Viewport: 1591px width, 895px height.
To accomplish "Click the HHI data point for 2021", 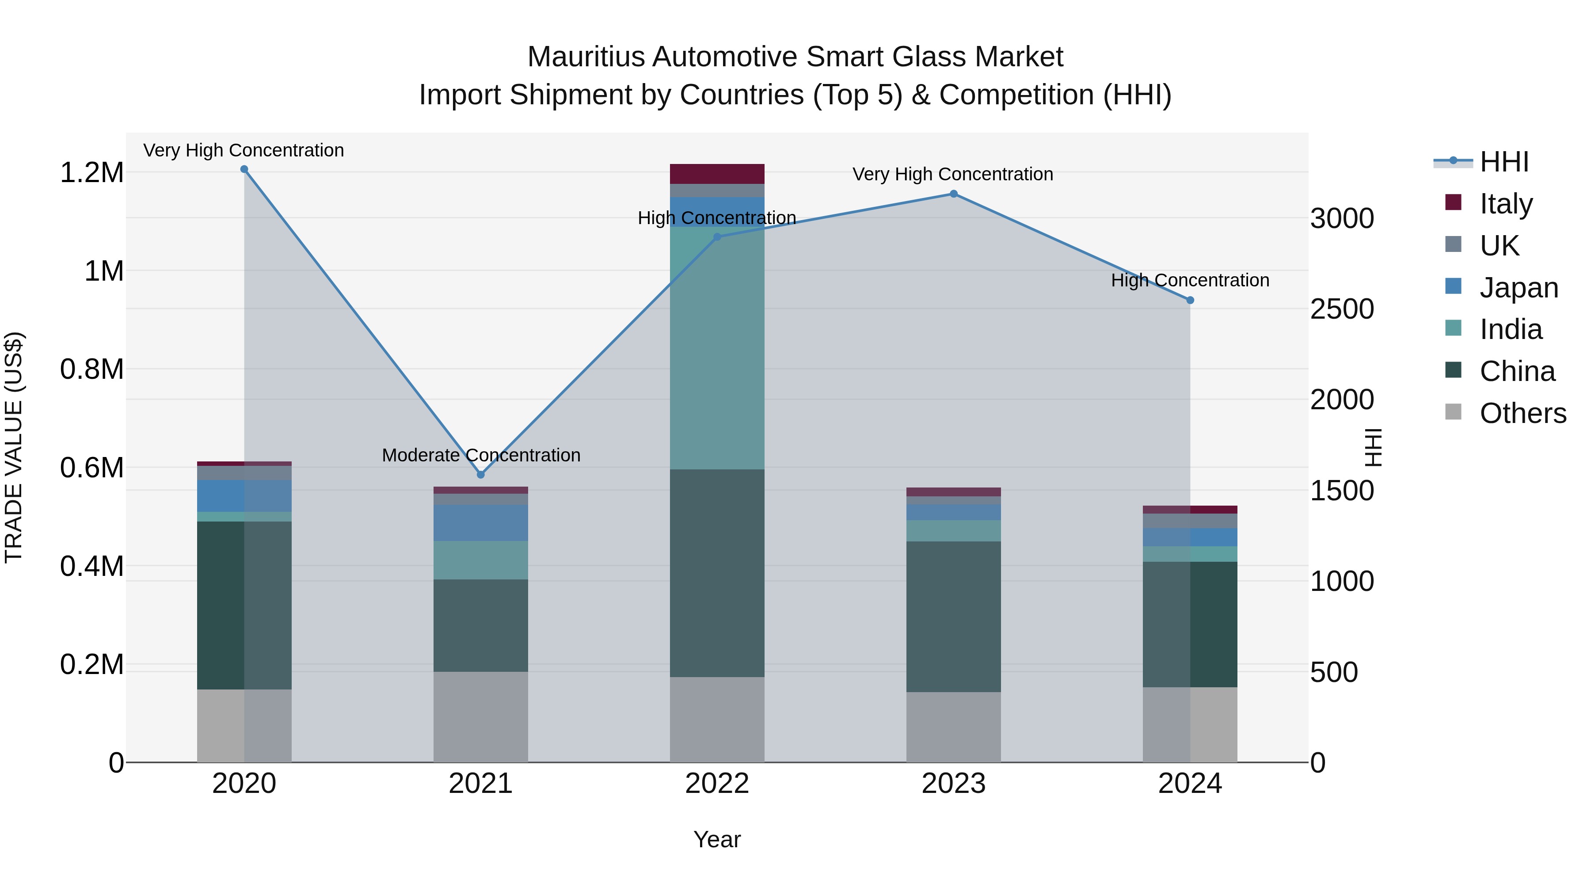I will pos(481,474).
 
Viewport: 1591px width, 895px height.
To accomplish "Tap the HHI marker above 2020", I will pos(244,169).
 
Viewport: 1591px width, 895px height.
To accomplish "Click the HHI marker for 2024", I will pos(1190,300).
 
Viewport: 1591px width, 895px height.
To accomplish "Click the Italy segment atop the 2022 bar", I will pos(717,174).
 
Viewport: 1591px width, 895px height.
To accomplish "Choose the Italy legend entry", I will pos(1506,203).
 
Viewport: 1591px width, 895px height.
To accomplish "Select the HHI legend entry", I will pos(1504,162).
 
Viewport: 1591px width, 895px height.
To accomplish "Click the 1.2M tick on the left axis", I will pos(92,173).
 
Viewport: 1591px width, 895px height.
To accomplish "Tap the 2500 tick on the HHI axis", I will pos(1342,309).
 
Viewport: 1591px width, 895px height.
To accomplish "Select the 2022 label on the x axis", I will pos(717,784).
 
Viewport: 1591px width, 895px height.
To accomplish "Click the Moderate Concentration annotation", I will pos(481,455).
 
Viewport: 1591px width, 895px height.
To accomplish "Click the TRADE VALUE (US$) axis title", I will pos(14,447).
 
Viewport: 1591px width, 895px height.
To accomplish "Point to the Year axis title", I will pos(717,839).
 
